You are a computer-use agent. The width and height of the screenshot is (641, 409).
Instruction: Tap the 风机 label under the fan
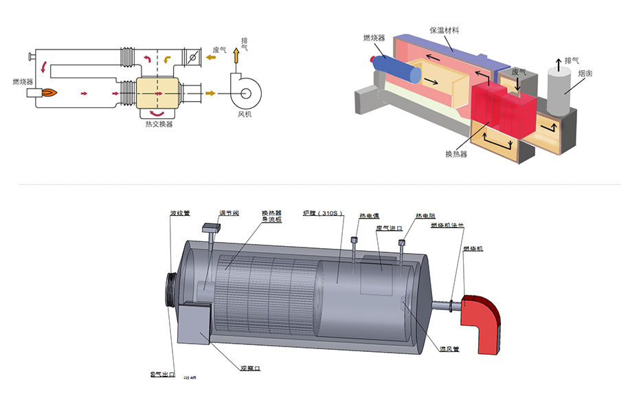pyautogui.click(x=245, y=113)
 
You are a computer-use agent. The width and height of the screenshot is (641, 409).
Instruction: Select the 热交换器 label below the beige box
pyautogui.click(x=159, y=124)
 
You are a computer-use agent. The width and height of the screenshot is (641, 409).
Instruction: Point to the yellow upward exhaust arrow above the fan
pyautogui.click(x=236, y=55)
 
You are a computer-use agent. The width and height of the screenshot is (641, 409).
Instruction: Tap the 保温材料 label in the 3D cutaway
pyautogui.click(x=445, y=30)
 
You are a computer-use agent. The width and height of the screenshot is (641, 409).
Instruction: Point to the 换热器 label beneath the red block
pyautogui.click(x=456, y=154)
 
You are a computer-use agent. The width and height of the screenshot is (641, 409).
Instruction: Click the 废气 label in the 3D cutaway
pyautogui.click(x=519, y=71)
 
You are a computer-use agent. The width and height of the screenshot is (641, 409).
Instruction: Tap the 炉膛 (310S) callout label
pyautogui.click(x=323, y=213)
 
